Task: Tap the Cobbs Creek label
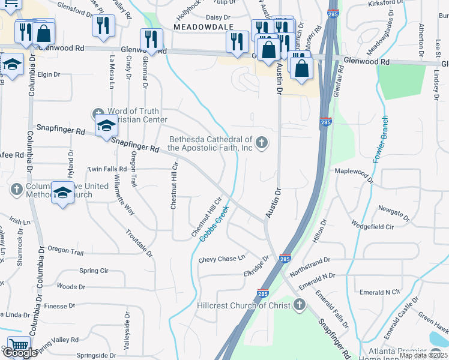pyautogui.click(x=214, y=225)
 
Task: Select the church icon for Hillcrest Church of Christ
pyautogui.click(x=299, y=305)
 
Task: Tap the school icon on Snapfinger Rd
pyautogui.click(x=106, y=125)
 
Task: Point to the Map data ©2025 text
pyautogui.click(x=423, y=355)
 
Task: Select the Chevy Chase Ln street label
pyautogui.click(x=223, y=259)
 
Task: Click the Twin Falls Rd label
pyautogui.click(x=107, y=170)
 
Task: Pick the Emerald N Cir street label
pyautogui.click(x=379, y=292)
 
